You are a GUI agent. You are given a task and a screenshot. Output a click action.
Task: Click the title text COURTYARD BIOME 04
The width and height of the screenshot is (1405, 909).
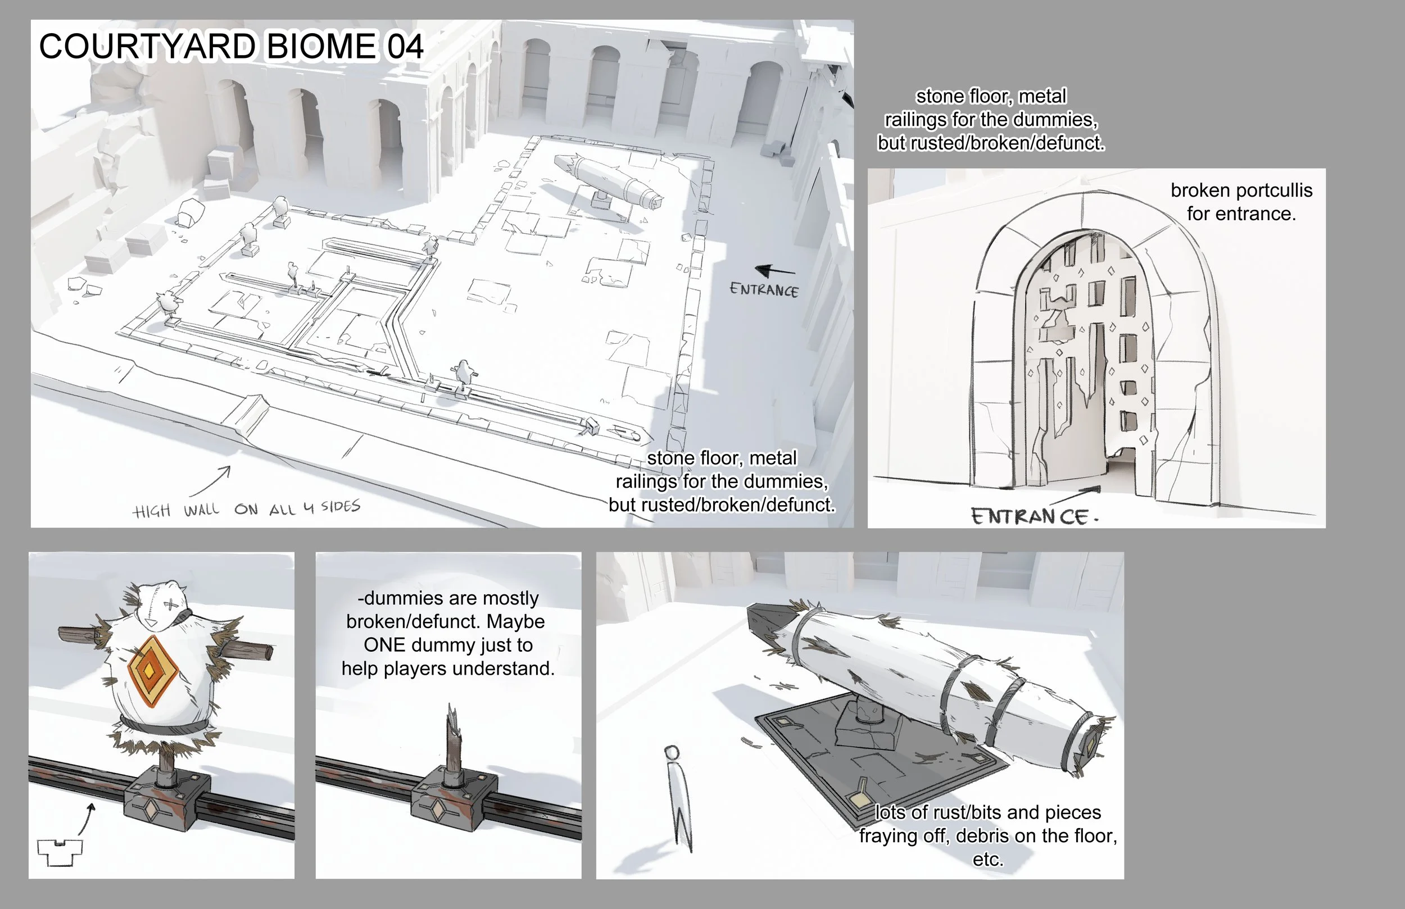pos(231,46)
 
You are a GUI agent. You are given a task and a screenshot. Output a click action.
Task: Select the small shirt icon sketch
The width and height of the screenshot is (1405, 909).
pos(60,852)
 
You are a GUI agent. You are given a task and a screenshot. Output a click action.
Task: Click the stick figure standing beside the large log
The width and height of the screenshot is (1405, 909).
pos(679,797)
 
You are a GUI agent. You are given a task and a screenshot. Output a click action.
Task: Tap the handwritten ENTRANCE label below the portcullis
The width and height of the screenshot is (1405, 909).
pos(1033,517)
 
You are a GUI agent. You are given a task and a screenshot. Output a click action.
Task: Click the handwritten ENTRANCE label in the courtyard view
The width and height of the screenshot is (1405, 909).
pos(764,290)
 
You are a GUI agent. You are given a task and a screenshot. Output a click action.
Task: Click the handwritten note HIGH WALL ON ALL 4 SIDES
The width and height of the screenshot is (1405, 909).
pos(246,509)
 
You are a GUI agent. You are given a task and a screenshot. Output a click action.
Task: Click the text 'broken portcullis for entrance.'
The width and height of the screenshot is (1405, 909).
pos(1241,202)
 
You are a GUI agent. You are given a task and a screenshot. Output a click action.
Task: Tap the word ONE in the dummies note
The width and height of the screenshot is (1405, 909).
pos(384,644)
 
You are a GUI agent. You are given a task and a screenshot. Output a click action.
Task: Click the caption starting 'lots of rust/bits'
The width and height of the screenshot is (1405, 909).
pos(987,835)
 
